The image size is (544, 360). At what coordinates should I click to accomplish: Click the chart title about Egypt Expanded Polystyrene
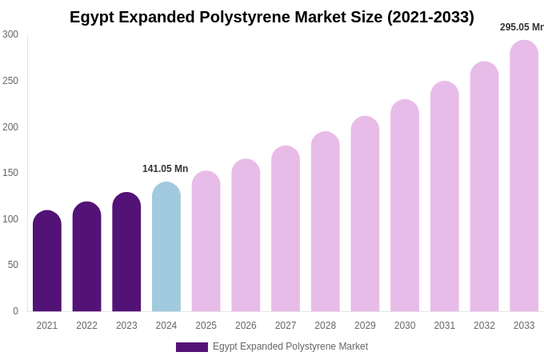(x=271, y=17)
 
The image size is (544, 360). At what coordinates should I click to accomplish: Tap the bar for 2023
(x=126, y=252)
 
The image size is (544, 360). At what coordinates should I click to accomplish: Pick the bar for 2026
(x=246, y=235)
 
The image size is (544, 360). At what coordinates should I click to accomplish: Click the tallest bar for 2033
(x=524, y=176)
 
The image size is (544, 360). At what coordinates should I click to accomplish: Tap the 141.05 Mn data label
(x=165, y=169)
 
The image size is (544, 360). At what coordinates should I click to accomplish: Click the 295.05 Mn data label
(x=522, y=27)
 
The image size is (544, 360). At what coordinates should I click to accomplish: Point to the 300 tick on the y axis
(x=10, y=34)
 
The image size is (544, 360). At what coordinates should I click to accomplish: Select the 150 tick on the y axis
(x=10, y=173)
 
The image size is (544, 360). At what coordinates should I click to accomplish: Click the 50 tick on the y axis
(x=13, y=265)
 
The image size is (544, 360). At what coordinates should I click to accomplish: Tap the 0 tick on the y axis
(x=15, y=311)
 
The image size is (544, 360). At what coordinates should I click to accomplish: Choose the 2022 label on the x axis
(x=86, y=326)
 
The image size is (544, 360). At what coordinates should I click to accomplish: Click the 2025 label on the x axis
(x=206, y=326)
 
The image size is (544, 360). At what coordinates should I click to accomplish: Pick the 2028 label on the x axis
(x=325, y=326)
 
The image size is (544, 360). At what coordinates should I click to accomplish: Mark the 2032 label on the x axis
(x=484, y=326)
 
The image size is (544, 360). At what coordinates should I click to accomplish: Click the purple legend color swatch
(x=192, y=347)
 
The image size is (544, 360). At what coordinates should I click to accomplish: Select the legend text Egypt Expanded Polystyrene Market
(x=290, y=346)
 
